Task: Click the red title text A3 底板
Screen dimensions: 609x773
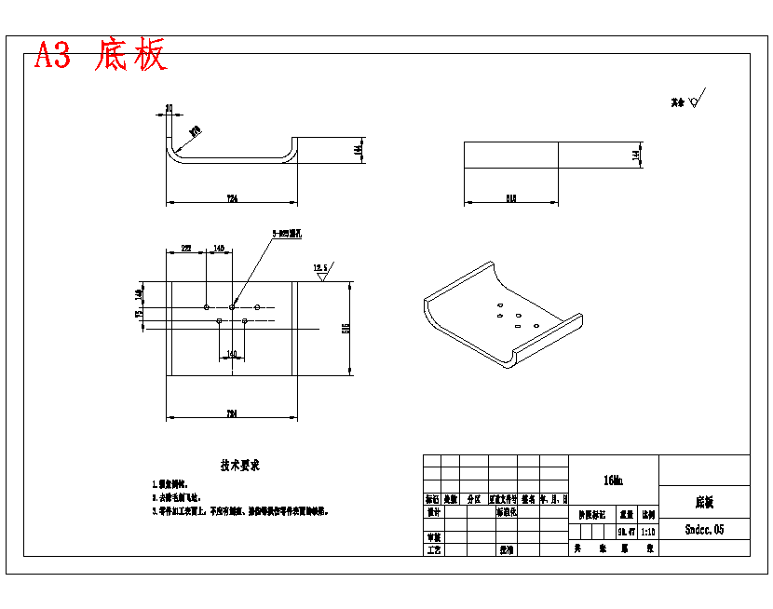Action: [101, 56]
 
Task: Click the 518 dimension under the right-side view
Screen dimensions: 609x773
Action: [511, 198]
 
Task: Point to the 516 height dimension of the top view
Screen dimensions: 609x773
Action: [346, 328]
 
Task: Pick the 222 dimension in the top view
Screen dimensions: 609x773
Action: [186, 249]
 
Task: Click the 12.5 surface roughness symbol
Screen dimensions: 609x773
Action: [322, 270]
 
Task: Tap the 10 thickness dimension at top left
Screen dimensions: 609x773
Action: [169, 108]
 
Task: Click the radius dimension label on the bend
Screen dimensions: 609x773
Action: [196, 131]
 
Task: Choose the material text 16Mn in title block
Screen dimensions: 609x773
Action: [613, 480]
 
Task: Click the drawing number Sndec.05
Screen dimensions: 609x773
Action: [704, 529]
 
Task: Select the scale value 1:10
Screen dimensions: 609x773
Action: [648, 532]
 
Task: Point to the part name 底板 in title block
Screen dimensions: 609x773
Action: [704, 502]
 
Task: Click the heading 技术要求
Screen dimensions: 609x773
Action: [239, 465]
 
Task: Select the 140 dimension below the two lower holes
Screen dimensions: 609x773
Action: [232, 354]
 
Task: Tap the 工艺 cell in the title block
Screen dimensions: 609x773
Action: [433, 550]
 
